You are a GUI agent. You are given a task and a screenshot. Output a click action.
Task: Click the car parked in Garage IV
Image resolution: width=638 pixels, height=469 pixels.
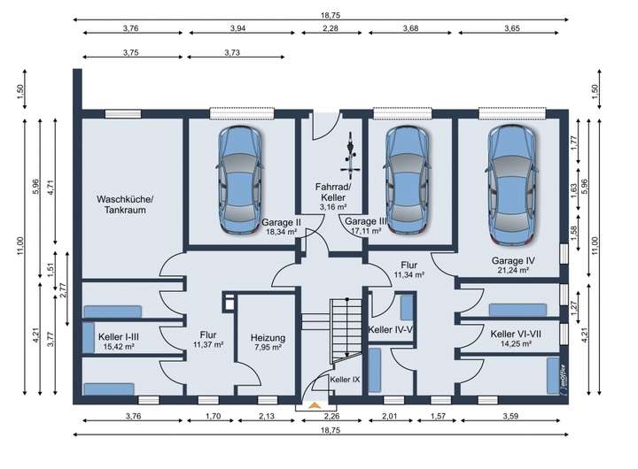click(x=512, y=185)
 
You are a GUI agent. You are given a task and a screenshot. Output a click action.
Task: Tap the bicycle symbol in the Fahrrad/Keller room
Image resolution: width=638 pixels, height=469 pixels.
click(x=350, y=155)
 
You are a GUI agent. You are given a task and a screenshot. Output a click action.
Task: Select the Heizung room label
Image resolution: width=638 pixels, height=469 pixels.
click(x=268, y=338)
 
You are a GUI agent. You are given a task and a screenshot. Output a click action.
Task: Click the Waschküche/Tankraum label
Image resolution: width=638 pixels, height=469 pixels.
click(x=125, y=204)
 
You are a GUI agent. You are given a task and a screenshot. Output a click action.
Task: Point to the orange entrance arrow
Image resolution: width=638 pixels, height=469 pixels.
click(x=314, y=404)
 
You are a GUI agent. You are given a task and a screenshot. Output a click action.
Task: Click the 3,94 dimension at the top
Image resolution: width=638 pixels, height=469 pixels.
click(x=238, y=28)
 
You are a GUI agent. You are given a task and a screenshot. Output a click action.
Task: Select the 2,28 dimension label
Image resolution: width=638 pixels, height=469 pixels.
click(x=331, y=28)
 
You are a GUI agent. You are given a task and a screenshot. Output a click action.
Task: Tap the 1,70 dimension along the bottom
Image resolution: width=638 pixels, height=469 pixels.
click(x=214, y=416)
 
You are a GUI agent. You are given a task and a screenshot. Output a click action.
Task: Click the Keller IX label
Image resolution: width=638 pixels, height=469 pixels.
click(x=345, y=380)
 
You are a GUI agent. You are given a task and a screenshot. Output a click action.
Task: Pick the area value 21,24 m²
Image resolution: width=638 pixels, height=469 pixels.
click(x=513, y=270)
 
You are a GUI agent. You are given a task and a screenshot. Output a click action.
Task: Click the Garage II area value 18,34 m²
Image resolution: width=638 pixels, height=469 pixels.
click(x=281, y=232)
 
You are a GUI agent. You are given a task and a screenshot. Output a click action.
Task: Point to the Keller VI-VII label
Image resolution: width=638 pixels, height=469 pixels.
click(x=516, y=334)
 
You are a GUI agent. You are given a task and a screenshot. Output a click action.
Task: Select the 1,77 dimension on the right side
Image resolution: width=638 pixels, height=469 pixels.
click(x=574, y=142)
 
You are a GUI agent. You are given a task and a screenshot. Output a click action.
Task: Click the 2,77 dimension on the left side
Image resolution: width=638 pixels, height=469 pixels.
click(x=63, y=289)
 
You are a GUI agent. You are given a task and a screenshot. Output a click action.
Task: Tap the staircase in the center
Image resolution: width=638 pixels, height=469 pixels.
click(x=345, y=330)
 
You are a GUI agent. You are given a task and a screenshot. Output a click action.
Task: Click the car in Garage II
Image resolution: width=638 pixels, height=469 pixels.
click(x=239, y=180)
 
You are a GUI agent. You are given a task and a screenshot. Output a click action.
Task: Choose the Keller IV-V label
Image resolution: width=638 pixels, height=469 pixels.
click(x=391, y=329)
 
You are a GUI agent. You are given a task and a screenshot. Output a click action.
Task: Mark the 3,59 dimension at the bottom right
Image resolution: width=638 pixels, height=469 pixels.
click(x=510, y=416)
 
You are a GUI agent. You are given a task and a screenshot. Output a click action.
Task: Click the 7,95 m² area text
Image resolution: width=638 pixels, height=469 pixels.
click(x=268, y=348)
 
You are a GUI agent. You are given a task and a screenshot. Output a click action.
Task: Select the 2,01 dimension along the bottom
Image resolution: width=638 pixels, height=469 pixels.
click(x=391, y=416)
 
